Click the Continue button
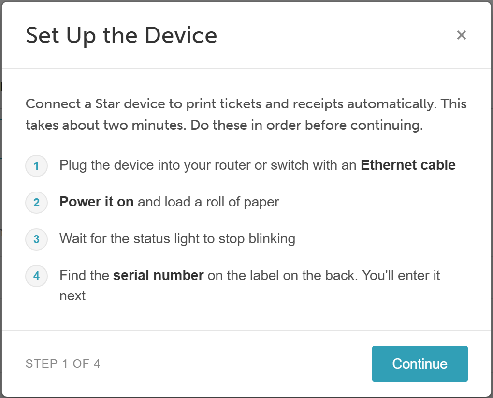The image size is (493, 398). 420,363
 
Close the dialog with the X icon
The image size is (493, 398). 461,35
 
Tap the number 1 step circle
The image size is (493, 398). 36,165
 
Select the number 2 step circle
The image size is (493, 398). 36,202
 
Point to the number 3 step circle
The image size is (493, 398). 36,239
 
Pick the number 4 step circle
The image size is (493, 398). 36,276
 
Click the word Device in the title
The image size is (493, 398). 181,35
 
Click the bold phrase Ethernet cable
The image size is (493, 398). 408,165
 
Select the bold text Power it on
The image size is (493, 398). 97,202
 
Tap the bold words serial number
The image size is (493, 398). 159,275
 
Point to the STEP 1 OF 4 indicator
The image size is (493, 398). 63,364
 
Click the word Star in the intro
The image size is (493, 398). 107,104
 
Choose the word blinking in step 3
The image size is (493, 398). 272,239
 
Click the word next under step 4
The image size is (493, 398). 72,296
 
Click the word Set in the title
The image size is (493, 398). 43,35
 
